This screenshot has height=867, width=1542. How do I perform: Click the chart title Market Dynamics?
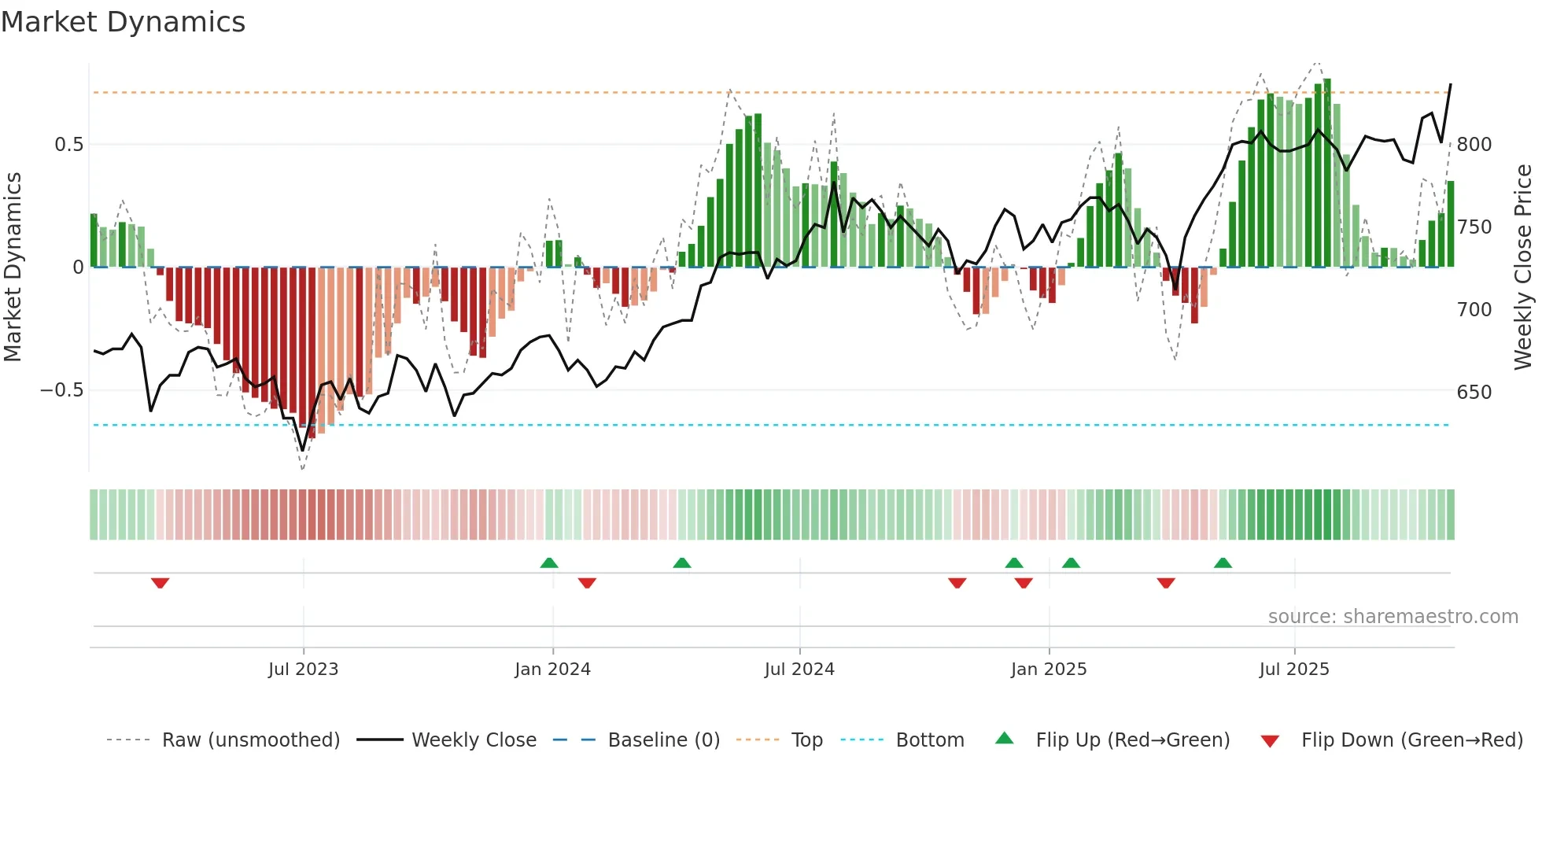124,22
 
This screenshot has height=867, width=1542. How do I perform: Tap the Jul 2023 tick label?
303,670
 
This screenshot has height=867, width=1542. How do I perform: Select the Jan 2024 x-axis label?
552,670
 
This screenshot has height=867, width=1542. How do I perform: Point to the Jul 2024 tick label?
799,670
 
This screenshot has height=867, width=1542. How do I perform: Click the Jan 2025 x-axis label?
1049,670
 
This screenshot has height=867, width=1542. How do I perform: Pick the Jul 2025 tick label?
1294,670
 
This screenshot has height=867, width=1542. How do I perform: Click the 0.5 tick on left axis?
69,145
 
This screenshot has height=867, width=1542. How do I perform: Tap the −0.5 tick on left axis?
62,390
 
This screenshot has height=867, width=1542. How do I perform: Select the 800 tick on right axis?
1474,145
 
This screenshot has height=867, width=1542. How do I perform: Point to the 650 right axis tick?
1474,392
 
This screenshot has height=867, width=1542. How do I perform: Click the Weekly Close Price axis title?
1523,267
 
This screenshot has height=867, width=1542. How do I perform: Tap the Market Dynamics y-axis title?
13,267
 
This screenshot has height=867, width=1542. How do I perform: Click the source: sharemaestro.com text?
1393,617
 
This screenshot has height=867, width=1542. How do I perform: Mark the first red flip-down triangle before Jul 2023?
160,583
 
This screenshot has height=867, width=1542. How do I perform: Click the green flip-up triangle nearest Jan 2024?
549,563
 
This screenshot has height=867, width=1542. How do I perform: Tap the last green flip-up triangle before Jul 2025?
1223,563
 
